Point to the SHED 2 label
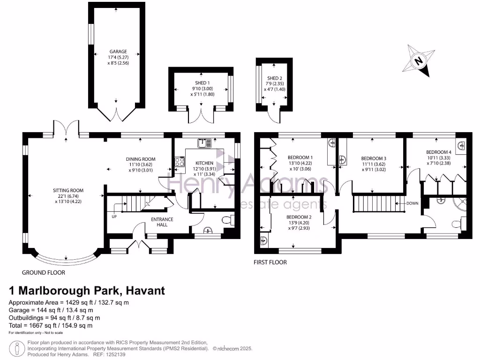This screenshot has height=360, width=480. [x=275, y=78]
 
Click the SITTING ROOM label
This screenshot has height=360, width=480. [x=68, y=190]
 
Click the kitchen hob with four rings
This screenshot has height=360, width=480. [x=179, y=162]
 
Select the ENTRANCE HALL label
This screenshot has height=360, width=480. [x=162, y=222]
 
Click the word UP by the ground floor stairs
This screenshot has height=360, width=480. [x=113, y=217]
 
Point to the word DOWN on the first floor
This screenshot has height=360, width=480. [x=412, y=203]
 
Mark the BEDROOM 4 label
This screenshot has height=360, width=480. [x=439, y=152]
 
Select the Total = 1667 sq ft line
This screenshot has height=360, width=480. [x=51, y=325]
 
